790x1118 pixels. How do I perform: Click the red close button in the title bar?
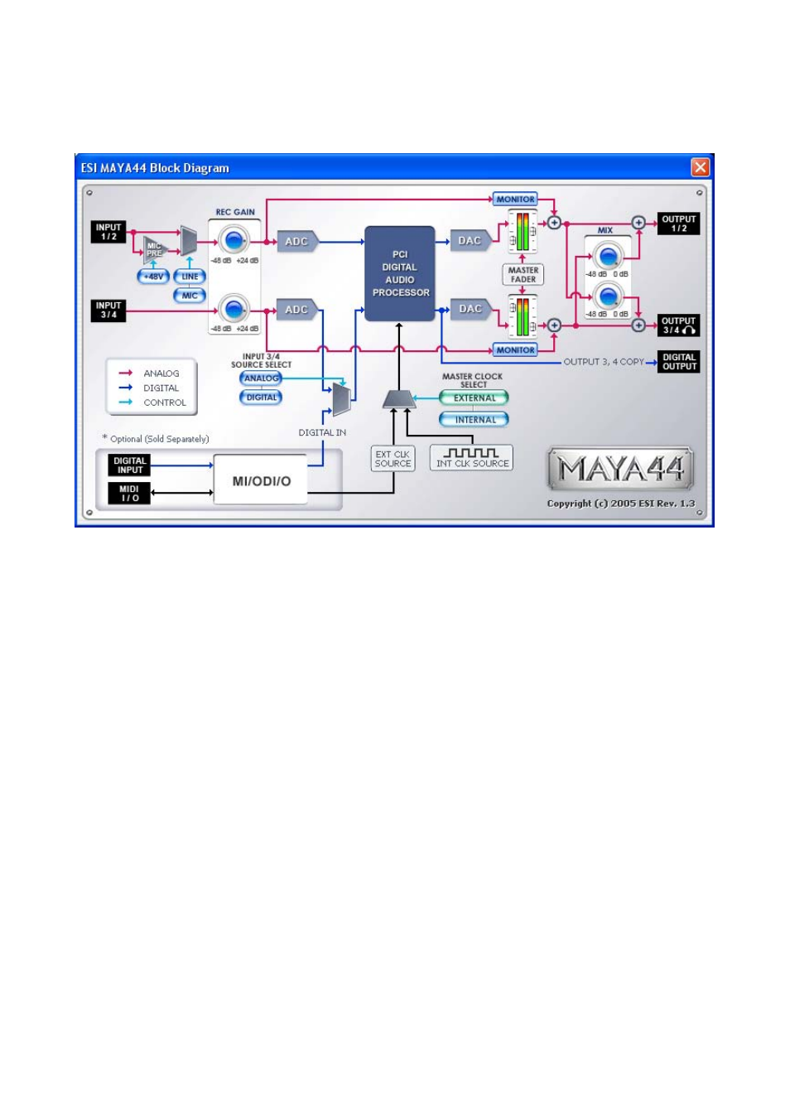click(701, 167)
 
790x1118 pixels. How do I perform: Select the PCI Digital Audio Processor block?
click(400, 273)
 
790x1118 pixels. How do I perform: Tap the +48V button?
click(153, 277)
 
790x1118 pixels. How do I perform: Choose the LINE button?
click(190, 277)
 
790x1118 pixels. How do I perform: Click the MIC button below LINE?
click(190, 296)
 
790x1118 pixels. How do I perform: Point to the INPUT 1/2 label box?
click(108, 232)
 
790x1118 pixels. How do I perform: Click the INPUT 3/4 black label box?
click(108, 311)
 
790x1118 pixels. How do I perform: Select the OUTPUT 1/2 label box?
click(678, 224)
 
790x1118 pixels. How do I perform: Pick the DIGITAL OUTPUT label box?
click(679, 362)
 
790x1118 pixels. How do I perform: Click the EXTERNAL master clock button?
click(474, 398)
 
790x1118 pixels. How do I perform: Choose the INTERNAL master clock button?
click(474, 420)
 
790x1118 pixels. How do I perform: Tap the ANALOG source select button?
click(261, 378)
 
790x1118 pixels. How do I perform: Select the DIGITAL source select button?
click(261, 398)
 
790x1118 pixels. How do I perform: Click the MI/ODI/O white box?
click(261, 480)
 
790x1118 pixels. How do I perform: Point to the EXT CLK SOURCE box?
click(393, 459)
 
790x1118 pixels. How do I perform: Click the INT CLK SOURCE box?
click(471, 458)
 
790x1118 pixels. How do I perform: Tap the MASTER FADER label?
click(523, 275)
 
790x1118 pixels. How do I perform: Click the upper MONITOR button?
click(515, 200)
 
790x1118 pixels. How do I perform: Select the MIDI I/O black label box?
click(129, 494)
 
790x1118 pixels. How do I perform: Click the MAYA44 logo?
click(621, 470)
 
